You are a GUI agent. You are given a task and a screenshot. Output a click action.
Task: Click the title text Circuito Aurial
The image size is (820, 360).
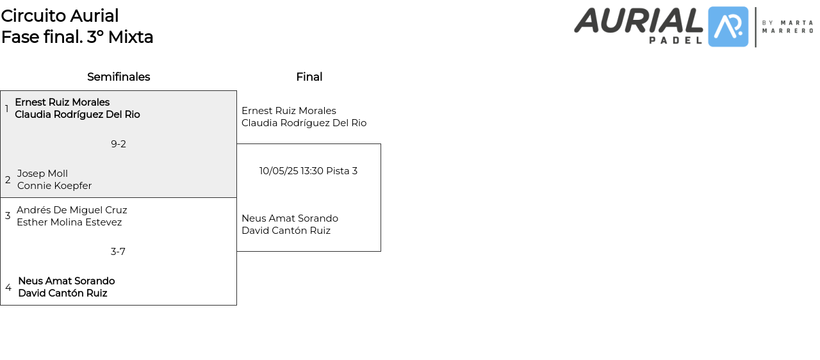point(60,16)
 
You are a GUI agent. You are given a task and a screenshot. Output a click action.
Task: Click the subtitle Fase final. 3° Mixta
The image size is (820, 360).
point(77,37)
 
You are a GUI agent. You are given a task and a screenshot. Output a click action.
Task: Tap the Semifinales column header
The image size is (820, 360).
point(119,77)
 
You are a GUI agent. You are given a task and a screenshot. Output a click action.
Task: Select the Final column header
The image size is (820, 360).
point(309,77)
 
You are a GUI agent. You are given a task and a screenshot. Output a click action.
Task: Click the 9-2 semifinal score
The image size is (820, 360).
point(119,144)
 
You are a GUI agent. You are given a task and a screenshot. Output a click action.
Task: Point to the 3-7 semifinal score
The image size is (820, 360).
point(118,252)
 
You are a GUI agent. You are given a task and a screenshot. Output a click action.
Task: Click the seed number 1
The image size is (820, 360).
point(7,109)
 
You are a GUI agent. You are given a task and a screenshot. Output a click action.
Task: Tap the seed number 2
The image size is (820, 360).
point(8,180)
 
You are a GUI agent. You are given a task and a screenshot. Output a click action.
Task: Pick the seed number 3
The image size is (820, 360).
point(8,216)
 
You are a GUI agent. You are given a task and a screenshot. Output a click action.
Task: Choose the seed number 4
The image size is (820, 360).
point(8,288)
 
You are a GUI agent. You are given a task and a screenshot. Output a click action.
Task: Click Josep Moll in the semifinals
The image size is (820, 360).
point(42,174)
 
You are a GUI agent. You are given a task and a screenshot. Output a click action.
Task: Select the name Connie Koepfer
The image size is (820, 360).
point(54,186)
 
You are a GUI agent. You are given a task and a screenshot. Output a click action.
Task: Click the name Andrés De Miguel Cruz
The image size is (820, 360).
point(72,210)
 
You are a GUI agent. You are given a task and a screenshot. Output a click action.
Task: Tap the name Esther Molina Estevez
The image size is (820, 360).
point(69,222)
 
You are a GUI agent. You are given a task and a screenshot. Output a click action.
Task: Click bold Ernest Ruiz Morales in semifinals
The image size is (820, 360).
point(62,102)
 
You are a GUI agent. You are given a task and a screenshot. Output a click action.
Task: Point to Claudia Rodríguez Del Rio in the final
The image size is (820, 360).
point(304,123)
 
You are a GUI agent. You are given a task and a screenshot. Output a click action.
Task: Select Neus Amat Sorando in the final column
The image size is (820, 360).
point(290,218)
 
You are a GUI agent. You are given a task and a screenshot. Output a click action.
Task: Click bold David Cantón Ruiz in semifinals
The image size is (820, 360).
point(62,293)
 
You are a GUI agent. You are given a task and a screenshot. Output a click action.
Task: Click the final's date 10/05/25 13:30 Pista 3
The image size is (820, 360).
point(308,171)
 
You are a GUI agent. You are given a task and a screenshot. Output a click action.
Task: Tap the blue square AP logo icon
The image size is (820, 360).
point(728,27)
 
